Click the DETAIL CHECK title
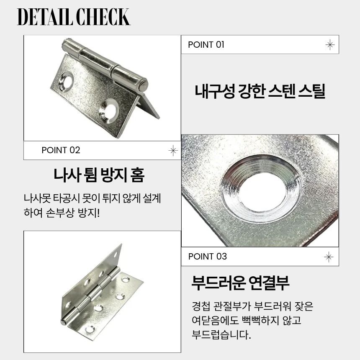click(74, 17)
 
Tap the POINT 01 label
click(206, 44)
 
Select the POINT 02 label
click(61, 150)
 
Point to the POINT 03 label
click(207, 257)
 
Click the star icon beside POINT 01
click(330, 45)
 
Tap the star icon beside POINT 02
click(173, 151)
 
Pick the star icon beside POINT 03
click(329, 257)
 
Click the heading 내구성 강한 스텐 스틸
click(260, 91)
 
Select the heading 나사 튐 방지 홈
click(99, 175)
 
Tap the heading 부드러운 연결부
click(240, 283)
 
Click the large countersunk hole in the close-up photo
click(261, 189)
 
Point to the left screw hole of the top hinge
click(66, 82)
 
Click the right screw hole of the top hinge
click(109, 111)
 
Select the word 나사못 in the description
click(37, 198)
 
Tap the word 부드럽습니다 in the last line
click(221, 334)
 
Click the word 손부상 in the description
click(60, 213)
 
